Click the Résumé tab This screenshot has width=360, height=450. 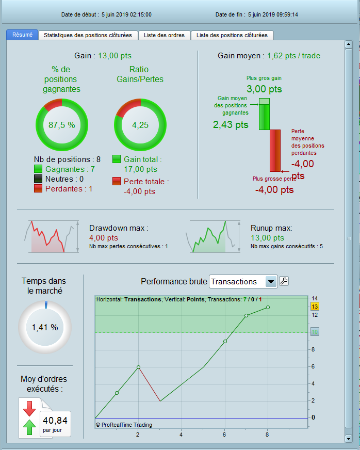pos(22,35)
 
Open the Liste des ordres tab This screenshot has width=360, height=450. pos(165,35)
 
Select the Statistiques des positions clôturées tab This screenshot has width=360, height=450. pos(88,35)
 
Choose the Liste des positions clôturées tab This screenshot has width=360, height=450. pos(232,35)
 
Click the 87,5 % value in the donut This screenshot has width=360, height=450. pos(61,124)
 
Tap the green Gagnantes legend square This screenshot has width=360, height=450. pos(38,169)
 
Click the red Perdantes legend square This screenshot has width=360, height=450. pos(38,189)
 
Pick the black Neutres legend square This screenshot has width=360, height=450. pos(38,179)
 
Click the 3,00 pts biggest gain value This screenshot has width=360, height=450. pos(264,89)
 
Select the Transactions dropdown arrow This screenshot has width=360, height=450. pos(271,282)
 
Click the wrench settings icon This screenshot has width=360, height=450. pos(284,281)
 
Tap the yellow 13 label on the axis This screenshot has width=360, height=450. pos(314,306)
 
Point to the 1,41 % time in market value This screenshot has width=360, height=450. pos(45,327)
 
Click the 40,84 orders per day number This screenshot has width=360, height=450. pos(55,420)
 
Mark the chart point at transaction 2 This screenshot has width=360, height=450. pos(139,367)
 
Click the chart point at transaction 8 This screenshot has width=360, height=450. pos(268,307)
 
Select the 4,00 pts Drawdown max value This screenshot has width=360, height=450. pos(104,238)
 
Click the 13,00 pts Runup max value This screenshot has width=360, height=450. pos(267,238)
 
